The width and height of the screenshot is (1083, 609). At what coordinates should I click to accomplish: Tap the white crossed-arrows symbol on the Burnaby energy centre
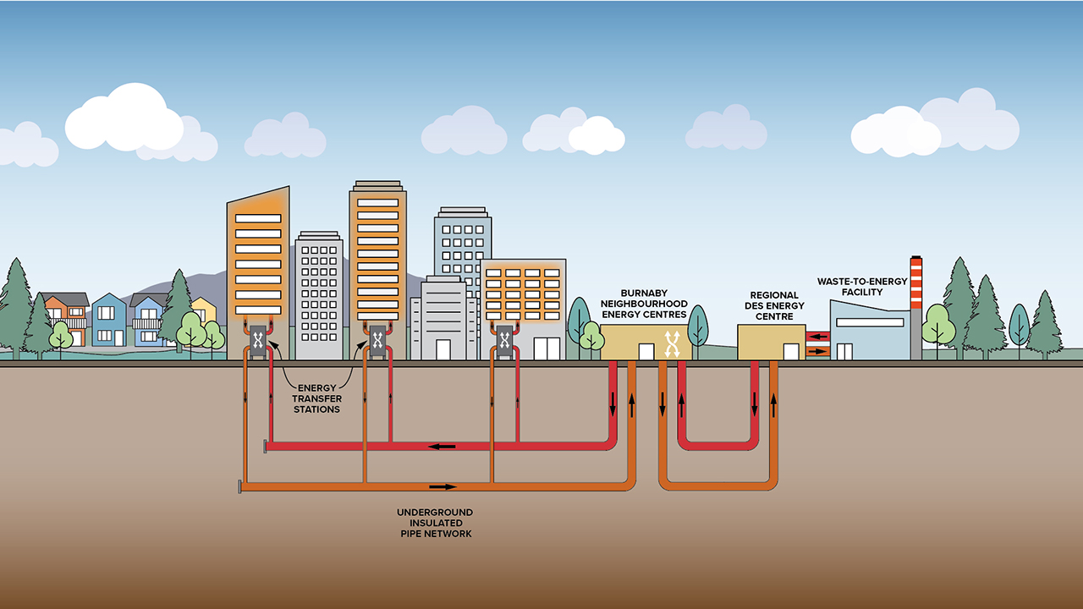tap(673, 343)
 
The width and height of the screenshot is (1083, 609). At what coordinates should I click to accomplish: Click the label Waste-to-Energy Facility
tap(861, 287)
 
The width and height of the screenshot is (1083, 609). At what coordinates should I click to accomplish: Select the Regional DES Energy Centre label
tap(774, 306)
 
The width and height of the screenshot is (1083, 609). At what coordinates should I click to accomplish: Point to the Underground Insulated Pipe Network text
tap(435, 524)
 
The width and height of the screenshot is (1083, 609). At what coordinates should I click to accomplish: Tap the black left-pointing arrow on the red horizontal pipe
tap(441, 446)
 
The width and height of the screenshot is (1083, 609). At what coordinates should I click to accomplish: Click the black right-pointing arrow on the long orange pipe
tap(443, 486)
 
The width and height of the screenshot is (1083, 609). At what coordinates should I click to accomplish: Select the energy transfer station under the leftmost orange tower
tap(258, 341)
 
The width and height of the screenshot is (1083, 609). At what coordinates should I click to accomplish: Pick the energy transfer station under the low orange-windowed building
tap(504, 340)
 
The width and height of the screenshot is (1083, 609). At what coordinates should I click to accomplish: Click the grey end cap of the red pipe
tap(266, 446)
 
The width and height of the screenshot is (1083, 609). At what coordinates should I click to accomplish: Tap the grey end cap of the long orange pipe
tap(240, 486)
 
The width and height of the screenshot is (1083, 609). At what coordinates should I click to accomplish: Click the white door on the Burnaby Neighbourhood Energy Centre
tap(646, 352)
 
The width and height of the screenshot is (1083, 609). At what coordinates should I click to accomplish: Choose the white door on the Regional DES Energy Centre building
tap(791, 352)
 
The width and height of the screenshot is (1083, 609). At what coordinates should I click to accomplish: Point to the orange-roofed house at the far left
tap(65, 318)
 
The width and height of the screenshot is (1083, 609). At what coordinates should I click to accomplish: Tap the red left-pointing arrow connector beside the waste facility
tap(818, 336)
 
